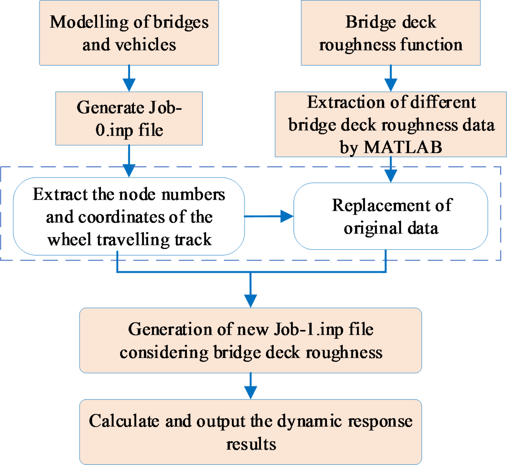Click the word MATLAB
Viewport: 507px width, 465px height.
point(403,147)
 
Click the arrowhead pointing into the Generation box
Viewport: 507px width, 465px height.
point(250,300)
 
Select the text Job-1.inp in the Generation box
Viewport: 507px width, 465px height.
point(309,330)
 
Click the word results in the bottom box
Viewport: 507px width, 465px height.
point(251,444)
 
